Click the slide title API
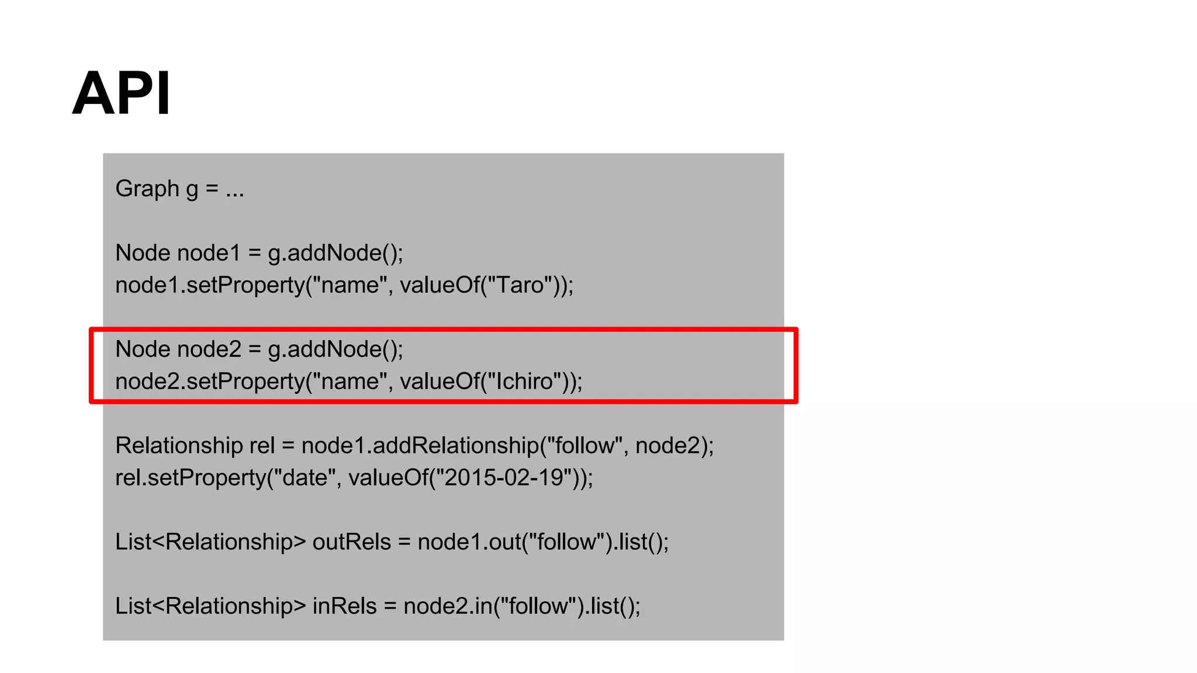pos(122,93)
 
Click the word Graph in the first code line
pos(147,189)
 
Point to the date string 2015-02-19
pos(504,478)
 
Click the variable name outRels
pos(351,542)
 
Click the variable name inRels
pos(344,606)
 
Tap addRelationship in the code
pos(456,446)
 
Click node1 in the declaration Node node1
pos(209,254)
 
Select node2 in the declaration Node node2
pos(209,349)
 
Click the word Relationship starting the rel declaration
pos(179,446)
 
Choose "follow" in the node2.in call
pos(538,606)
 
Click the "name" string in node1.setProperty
pos(351,285)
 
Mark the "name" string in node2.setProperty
pos(351,381)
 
